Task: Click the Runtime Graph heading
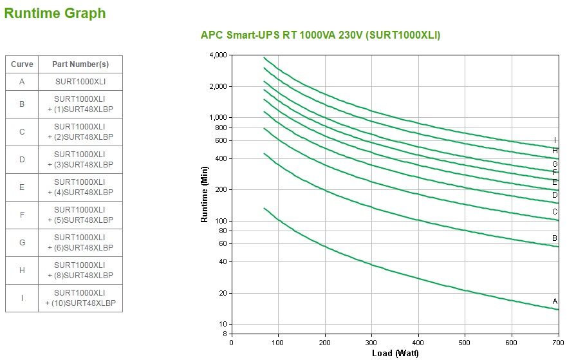click(x=55, y=14)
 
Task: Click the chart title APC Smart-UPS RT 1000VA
click(x=321, y=35)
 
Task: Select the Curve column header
click(x=22, y=64)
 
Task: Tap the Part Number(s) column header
click(x=80, y=64)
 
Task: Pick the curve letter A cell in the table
click(x=22, y=82)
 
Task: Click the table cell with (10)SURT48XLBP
click(x=80, y=298)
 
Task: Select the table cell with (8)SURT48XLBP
click(x=80, y=270)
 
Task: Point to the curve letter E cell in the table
click(x=22, y=187)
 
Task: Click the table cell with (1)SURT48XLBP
click(x=80, y=104)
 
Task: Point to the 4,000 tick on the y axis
click(x=219, y=55)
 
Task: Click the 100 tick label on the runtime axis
click(x=221, y=221)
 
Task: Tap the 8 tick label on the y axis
click(x=225, y=334)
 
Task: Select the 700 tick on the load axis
click(x=559, y=343)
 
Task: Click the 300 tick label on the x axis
click(x=371, y=343)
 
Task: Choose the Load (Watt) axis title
click(x=395, y=353)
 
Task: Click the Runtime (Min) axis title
click(x=205, y=195)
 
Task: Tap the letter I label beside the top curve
click(x=555, y=140)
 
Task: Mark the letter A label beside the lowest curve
click(x=555, y=301)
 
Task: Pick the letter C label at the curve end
click(x=555, y=212)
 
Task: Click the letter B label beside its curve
click(x=555, y=238)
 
